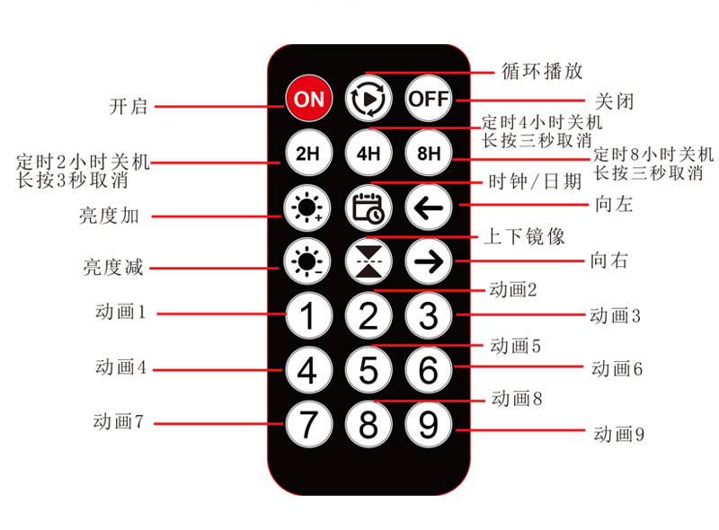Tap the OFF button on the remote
(x=429, y=99)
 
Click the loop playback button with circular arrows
(x=368, y=99)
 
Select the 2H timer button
(x=308, y=153)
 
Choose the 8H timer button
(x=429, y=153)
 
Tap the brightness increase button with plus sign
(x=306, y=208)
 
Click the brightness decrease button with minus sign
(x=306, y=261)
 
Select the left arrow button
(x=429, y=208)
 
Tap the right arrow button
(x=429, y=261)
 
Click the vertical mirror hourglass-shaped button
(x=368, y=261)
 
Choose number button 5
(x=368, y=369)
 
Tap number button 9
(x=429, y=424)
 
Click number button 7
(x=308, y=424)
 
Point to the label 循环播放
(x=542, y=72)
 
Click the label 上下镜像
(x=524, y=236)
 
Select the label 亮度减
(x=113, y=268)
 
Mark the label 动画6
(x=617, y=368)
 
